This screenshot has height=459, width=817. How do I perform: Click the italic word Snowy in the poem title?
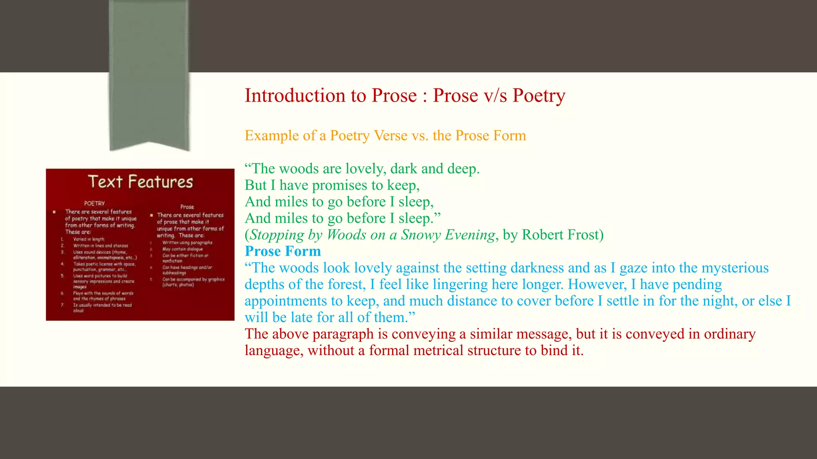pos(421,235)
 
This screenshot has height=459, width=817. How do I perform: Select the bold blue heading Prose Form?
pos(283,251)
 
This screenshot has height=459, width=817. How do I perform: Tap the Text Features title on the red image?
pos(140,182)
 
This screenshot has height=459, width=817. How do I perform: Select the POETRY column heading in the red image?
pos(95,203)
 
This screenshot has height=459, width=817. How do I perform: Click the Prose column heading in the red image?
pos(187,207)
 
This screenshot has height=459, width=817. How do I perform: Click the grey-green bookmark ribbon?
pos(149,72)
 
